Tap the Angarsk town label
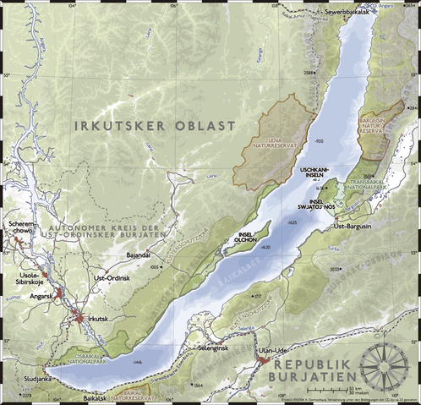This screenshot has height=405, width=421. pos(41,296)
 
